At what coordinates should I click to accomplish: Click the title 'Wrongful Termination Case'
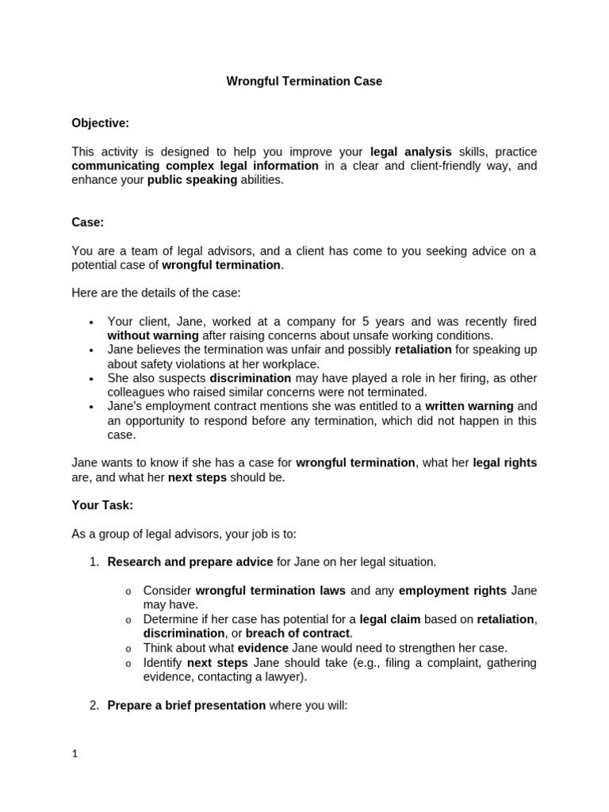304,81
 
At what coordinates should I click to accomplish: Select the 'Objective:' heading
100,123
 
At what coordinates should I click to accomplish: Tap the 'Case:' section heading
88,223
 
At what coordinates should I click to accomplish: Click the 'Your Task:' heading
102,505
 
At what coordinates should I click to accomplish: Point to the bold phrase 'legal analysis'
411,151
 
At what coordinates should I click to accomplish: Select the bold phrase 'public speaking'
192,180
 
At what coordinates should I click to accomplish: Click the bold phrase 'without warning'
153,335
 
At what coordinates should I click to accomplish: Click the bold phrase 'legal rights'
504,462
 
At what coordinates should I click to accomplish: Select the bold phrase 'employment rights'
452,591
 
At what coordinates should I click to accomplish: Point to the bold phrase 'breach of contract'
297,633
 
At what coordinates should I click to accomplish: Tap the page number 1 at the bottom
75,755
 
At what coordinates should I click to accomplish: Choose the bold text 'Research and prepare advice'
190,562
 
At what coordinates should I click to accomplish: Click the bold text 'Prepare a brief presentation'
186,705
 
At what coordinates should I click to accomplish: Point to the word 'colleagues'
136,393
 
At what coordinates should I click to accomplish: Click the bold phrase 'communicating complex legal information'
195,166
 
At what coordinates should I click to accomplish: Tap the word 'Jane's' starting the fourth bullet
125,407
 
